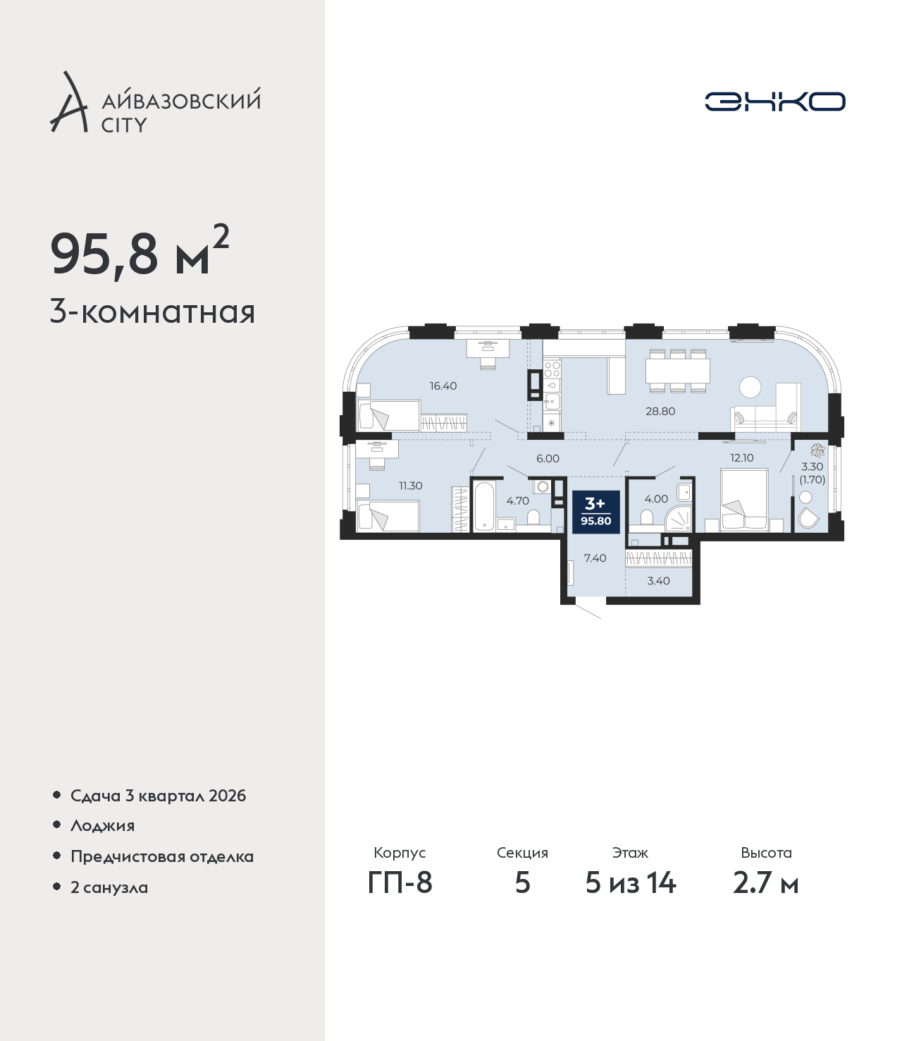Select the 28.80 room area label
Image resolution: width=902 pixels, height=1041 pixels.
click(660, 411)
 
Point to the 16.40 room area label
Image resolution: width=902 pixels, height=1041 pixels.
click(443, 386)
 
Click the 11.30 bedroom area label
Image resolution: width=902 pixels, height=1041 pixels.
click(410, 486)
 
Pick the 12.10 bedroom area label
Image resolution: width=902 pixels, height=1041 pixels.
click(742, 457)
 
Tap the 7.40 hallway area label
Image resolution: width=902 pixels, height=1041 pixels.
click(595, 558)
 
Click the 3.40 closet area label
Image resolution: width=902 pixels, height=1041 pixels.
click(658, 581)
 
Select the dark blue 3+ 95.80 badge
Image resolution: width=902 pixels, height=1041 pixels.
click(595, 512)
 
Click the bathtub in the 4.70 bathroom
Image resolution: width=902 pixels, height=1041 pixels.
click(485, 505)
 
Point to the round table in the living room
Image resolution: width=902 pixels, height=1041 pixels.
click(750, 387)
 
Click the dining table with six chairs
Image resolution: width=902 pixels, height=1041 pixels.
click(677, 371)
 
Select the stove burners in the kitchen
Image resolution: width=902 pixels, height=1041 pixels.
click(552, 369)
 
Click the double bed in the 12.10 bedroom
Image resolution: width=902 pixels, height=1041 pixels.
click(744, 500)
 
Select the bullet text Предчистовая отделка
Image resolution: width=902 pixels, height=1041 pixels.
click(162, 856)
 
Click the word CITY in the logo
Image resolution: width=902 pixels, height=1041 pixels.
click(124, 125)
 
